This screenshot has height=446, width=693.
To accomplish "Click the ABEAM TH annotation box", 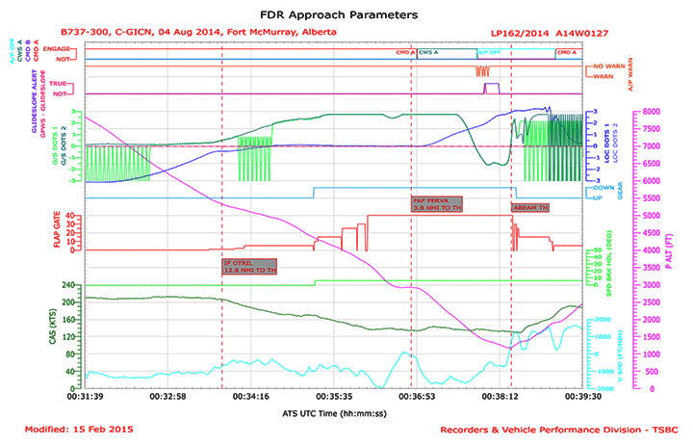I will [530, 207].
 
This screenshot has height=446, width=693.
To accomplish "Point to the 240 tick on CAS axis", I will [69, 285].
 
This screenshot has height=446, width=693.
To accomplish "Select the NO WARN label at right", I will [603, 65].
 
